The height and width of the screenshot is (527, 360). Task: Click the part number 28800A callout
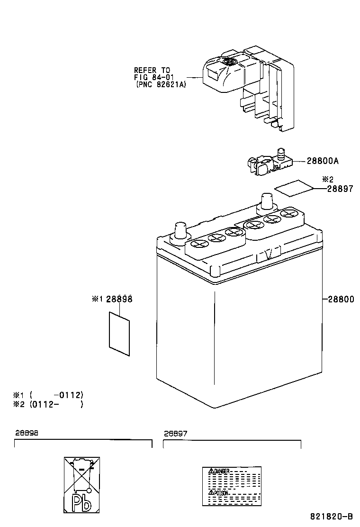(x=322, y=161)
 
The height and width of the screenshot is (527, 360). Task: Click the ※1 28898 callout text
(x=112, y=299)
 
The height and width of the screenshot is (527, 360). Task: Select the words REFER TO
(x=152, y=70)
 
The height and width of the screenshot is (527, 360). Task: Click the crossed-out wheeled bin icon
(x=82, y=474)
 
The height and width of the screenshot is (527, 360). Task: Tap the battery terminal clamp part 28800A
(x=268, y=163)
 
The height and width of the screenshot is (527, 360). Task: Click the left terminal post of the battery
(x=180, y=232)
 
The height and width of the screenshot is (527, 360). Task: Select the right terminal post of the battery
(x=266, y=201)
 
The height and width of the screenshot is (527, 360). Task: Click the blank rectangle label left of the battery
(x=119, y=333)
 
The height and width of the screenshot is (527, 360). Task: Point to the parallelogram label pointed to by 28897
(x=294, y=188)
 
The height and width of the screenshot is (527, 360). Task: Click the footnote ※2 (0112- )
(x=48, y=404)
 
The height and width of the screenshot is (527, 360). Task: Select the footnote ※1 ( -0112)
(x=48, y=394)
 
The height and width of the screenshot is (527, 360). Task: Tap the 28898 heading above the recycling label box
(x=27, y=433)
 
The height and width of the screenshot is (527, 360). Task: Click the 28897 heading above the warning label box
(x=176, y=433)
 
